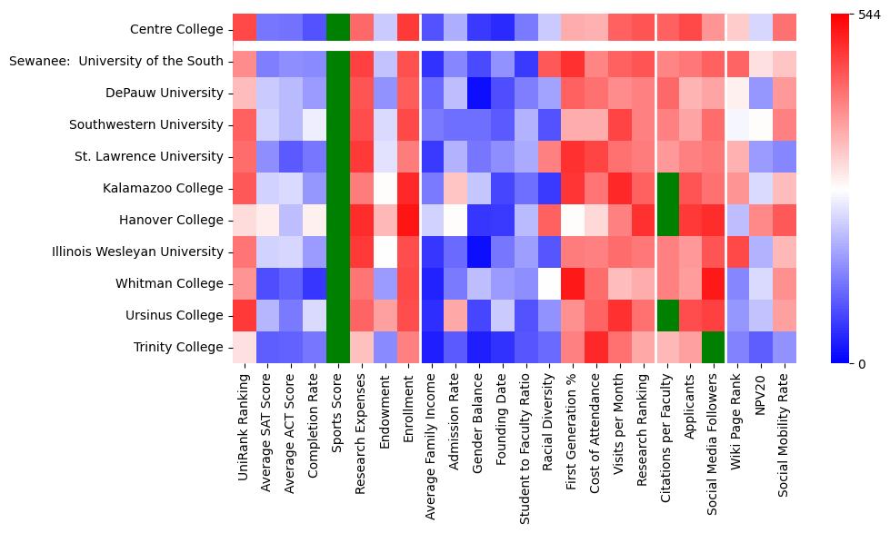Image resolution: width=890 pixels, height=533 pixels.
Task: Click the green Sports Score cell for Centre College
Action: pyautogui.click(x=337, y=29)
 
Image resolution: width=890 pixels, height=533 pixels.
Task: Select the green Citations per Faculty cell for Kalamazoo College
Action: pyautogui.click(x=667, y=188)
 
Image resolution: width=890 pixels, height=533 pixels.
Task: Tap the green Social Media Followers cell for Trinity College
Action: pyautogui.click(x=715, y=347)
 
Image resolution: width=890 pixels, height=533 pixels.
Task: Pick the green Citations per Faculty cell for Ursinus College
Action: pyautogui.click(x=667, y=315)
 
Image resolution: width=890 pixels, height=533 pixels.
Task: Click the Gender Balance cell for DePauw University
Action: pyautogui.click(x=479, y=93)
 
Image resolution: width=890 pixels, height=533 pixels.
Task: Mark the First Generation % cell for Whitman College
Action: pyautogui.click(x=573, y=283)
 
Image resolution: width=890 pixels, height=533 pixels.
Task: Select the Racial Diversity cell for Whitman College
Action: pyautogui.click(x=549, y=283)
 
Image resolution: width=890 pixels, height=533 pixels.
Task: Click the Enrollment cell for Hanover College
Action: pyautogui.click(x=408, y=220)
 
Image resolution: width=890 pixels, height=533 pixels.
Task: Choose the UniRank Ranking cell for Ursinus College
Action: pyautogui.click(x=244, y=315)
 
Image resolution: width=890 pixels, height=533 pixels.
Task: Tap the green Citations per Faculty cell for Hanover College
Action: pyautogui.click(x=667, y=220)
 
